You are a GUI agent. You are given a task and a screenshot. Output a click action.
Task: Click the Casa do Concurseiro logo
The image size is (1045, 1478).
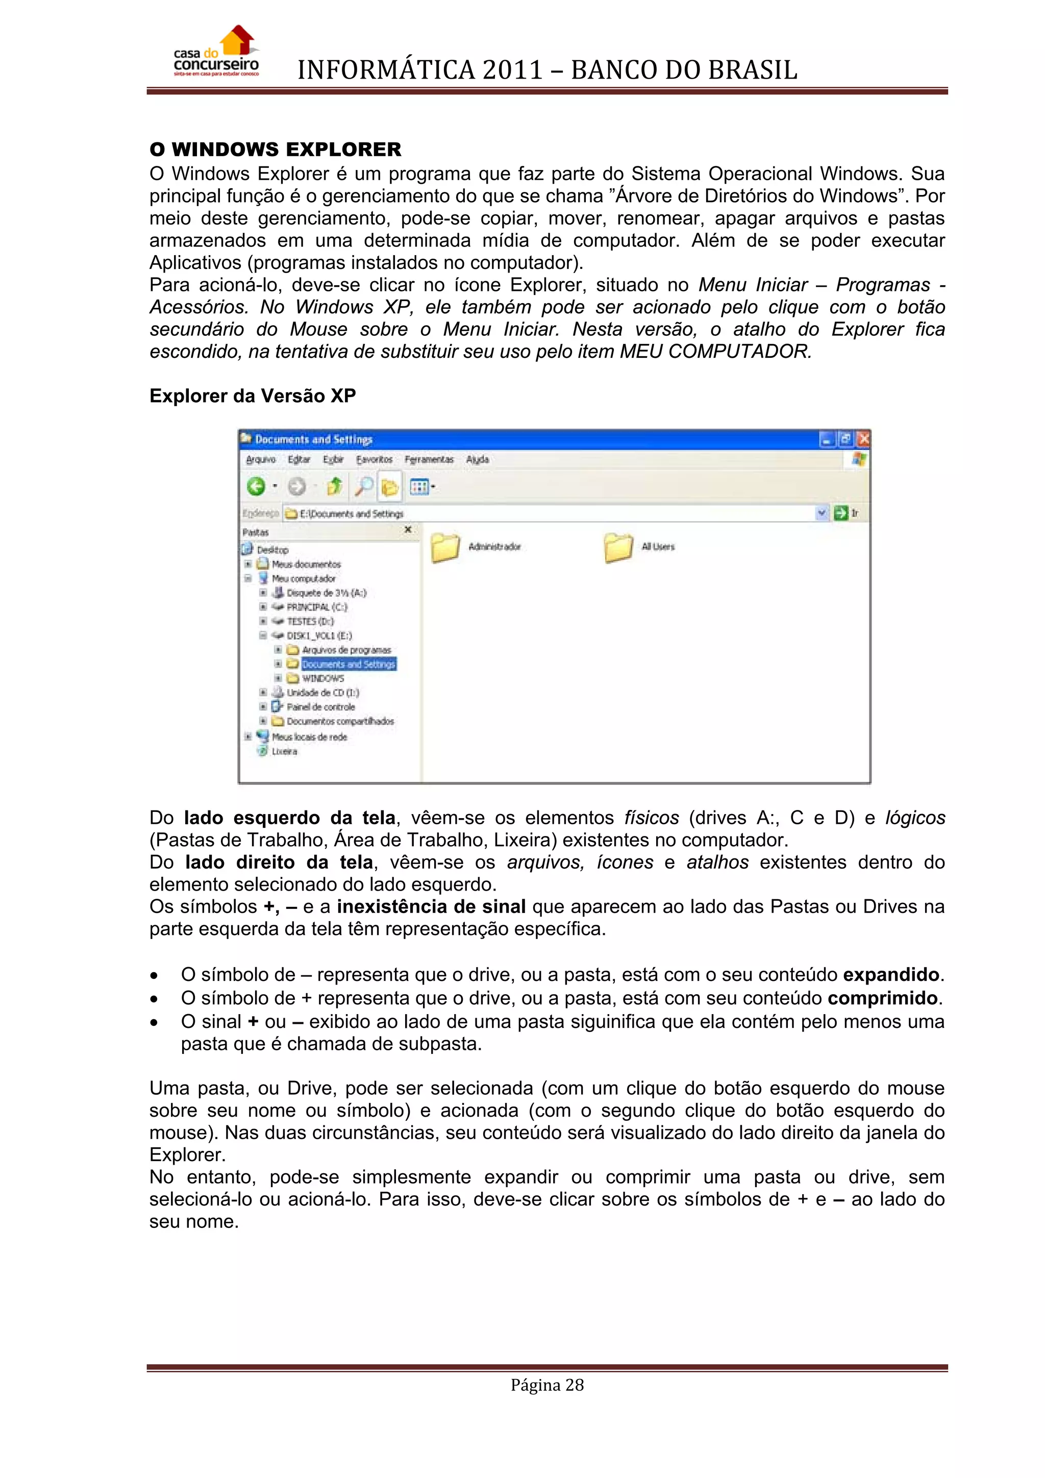point(216,53)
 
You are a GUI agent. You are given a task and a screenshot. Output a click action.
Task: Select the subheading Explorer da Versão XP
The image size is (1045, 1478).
point(252,396)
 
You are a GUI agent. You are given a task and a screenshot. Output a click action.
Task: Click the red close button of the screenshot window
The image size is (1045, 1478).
point(863,439)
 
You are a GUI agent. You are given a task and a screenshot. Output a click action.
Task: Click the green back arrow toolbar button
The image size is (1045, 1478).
point(256,487)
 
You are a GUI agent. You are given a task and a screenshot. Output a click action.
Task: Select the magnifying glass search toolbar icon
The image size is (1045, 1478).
point(364,487)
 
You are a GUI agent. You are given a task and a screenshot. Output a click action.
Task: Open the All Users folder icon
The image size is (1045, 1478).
point(618,548)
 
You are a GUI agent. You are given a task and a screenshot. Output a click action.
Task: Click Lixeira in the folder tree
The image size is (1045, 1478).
point(284,751)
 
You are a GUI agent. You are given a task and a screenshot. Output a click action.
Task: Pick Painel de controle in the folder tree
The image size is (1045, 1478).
point(320,707)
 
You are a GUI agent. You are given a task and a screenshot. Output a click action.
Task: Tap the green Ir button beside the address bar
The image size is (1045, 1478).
point(841,513)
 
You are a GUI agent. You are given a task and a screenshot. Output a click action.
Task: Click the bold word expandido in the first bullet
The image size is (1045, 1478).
point(891,975)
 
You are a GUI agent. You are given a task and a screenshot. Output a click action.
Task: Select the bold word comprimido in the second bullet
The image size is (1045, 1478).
point(882,998)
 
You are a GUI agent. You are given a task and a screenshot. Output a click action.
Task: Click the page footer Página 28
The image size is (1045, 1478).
point(547,1385)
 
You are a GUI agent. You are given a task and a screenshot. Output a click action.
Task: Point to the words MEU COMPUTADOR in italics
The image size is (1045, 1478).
point(714,352)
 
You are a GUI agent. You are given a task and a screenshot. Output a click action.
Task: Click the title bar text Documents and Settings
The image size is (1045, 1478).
point(313,439)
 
